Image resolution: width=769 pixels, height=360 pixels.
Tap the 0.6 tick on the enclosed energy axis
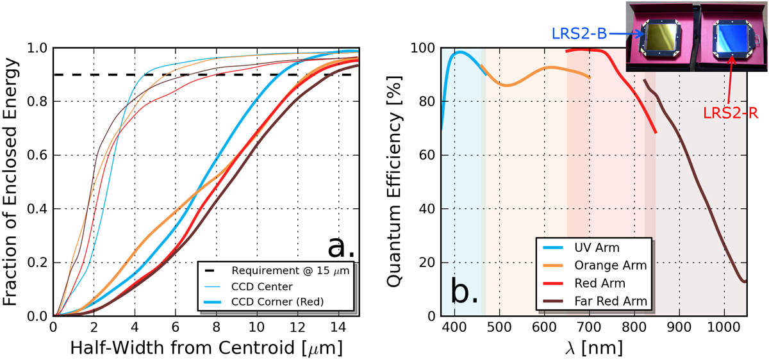pos(38,155)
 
